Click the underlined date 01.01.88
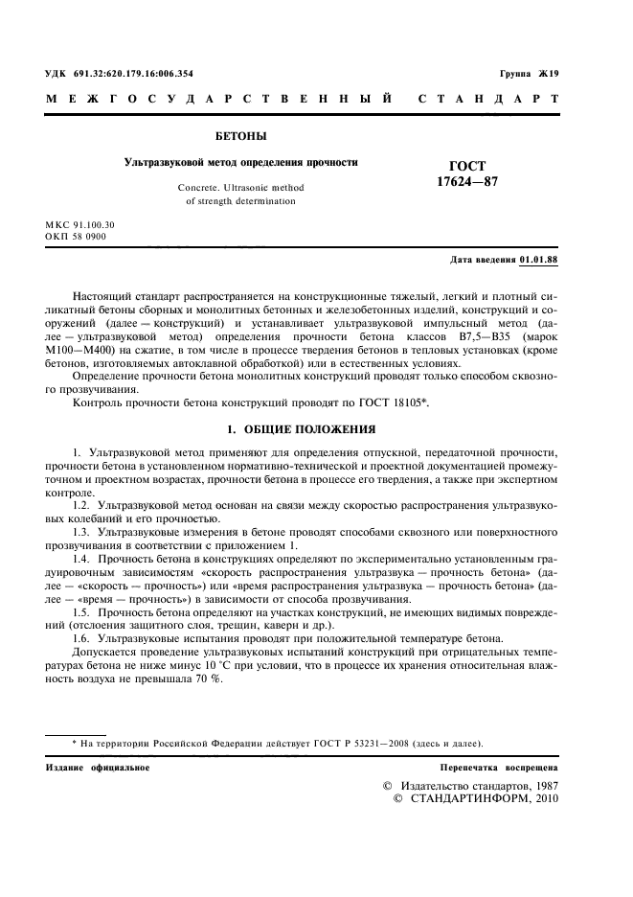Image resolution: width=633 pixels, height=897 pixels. tap(539, 260)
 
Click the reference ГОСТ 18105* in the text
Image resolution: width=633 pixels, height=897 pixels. tap(393, 403)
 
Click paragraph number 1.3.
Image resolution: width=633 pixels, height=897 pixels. tap(84, 530)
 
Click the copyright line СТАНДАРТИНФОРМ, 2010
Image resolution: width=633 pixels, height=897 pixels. tap(482, 798)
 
